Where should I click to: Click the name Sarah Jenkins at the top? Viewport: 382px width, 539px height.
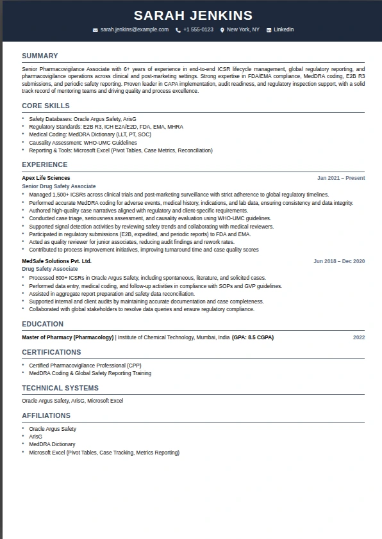[x=193, y=15]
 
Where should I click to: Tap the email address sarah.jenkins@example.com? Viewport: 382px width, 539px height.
[x=134, y=30]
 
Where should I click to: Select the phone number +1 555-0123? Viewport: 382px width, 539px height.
[x=197, y=30]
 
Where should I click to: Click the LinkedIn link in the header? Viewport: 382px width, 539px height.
[x=283, y=30]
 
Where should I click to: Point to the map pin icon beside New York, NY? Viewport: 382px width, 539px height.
[x=222, y=30]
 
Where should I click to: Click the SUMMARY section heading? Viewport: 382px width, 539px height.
[x=40, y=56]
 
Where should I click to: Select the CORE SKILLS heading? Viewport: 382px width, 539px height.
[x=46, y=106]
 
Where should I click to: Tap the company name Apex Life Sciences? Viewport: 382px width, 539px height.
[x=46, y=178]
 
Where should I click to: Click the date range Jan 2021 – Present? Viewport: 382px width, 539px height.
[x=341, y=178]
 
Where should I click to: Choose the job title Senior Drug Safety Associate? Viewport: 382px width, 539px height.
[x=59, y=186]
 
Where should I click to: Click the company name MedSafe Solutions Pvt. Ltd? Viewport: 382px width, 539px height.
[x=56, y=261]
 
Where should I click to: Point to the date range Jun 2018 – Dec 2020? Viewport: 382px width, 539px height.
[x=339, y=261]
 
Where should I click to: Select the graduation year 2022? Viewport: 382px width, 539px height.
[x=359, y=337]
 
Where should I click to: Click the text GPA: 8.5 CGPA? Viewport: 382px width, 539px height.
[x=253, y=337]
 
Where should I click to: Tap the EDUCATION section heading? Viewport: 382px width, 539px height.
[x=42, y=325]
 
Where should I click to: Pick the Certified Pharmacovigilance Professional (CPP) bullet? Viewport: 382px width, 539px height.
[x=85, y=366]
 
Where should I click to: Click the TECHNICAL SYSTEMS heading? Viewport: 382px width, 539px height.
[x=60, y=388]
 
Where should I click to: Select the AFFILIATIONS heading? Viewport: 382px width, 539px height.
[x=46, y=416]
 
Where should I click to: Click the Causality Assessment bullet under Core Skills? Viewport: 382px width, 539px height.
[x=83, y=143]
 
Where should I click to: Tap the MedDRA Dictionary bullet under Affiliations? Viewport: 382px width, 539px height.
[x=52, y=444]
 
